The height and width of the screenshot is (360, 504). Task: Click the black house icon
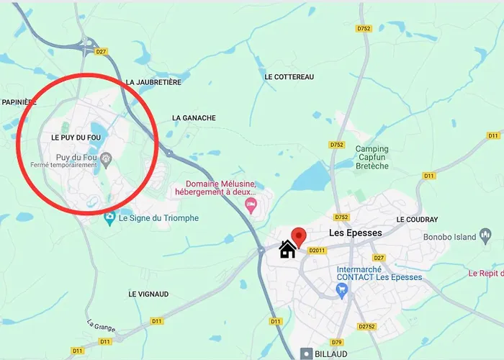click(287, 249)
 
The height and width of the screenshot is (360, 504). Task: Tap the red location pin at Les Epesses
click(298, 236)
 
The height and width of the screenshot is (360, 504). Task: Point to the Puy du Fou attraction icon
click(107, 158)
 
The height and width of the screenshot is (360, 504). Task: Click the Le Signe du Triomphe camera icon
click(109, 217)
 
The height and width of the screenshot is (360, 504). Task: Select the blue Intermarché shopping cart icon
click(342, 291)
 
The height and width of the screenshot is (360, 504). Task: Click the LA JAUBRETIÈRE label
click(153, 82)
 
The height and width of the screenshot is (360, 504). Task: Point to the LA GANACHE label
click(194, 117)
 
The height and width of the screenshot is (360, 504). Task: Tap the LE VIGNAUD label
click(148, 294)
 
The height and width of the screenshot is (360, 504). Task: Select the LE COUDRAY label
click(417, 219)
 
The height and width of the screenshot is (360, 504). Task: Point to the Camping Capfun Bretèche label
click(372, 158)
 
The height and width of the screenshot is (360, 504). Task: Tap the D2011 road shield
click(317, 251)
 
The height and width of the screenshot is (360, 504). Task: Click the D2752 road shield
click(367, 326)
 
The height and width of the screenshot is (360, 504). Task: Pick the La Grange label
click(101, 326)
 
